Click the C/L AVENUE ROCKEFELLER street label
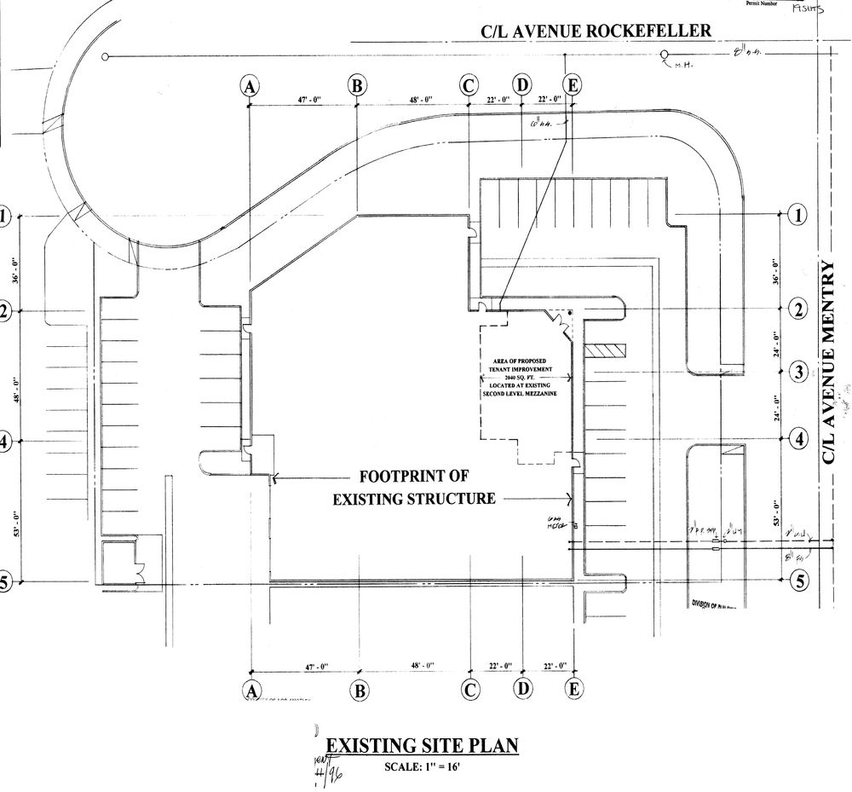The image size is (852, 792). [596, 32]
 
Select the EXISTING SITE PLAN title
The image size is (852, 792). [423, 746]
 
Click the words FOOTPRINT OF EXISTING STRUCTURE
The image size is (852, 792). [414, 487]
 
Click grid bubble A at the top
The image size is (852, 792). [249, 85]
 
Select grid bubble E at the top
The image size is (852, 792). [573, 85]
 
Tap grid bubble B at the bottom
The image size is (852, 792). [360, 690]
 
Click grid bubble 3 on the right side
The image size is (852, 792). [798, 372]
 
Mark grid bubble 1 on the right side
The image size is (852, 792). [798, 215]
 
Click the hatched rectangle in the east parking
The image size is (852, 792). [610, 350]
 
